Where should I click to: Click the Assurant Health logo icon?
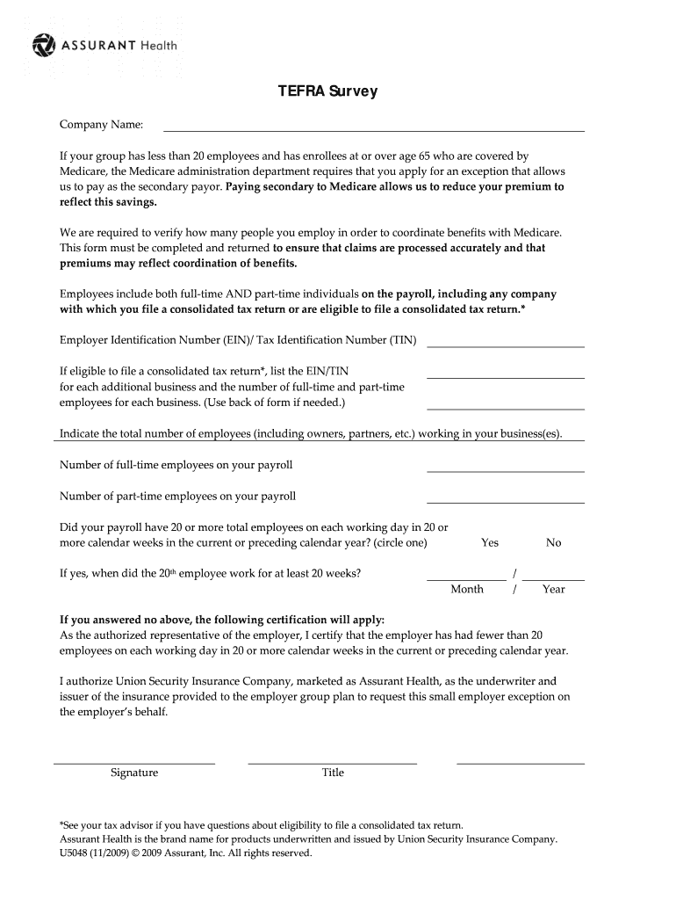(x=43, y=45)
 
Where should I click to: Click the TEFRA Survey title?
(x=327, y=91)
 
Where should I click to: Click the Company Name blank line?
(x=373, y=129)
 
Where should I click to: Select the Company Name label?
(x=101, y=125)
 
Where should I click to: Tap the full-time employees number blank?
(x=505, y=470)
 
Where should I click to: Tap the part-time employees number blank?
(x=505, y=501)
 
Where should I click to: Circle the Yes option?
(x=490, y=542)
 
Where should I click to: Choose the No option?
(x=553, y=542)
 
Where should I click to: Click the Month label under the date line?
(x=467, y=589)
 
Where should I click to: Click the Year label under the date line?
(x=554, y=589)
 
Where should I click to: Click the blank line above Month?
(x=466, y=578)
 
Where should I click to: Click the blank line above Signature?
(x=134, y=763)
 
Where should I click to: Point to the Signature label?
(x=134, y=773)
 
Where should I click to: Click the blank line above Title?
(x=332, y=763)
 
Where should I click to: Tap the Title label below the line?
(x=333, y=773)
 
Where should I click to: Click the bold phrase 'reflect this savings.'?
(x=109, y=202)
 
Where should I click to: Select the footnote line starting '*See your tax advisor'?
(x=261, y=825)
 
